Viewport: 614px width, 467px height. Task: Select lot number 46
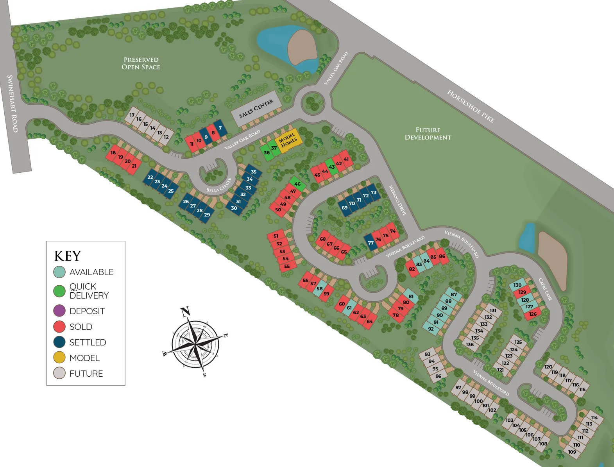pyautogui.click(x=298, y=184)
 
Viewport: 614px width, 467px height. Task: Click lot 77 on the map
pyautogui.click(x=371, y=243)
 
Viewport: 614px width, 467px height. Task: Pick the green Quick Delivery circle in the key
pyautogui.click(x=59, y=291)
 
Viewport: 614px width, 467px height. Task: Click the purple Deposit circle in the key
pyautogui.click(x=59, y=311)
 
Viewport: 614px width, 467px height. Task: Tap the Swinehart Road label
pyautogui.click(x=13, y=104)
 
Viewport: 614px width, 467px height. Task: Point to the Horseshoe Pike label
pyautogui.click(x=471, y=106)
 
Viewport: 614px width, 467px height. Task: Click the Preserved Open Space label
pyautogui.click(x=141, y=63)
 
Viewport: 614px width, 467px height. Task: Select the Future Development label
pyautogui.click(x=428, y=134)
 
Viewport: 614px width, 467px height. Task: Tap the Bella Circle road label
pyautogui.click(x=219, y=185)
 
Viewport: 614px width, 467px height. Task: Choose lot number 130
pyautogui.click(x=517, y=285)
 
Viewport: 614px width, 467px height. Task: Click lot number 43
pyautogui.click(x=332, y=167)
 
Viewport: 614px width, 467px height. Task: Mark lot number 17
pyautogui.click(x=132, y=115)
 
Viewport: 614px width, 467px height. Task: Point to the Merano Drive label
pyautogui.click(x=397, y=200)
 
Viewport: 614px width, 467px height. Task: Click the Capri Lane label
pyautogui.click(x=545, y=289)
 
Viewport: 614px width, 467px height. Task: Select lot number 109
pyautogui.click(x=572, y=452)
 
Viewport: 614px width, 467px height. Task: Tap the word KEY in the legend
pyautogui.click(x=68, y=256)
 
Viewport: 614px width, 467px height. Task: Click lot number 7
pyautogui.click(x=220, y=128)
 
